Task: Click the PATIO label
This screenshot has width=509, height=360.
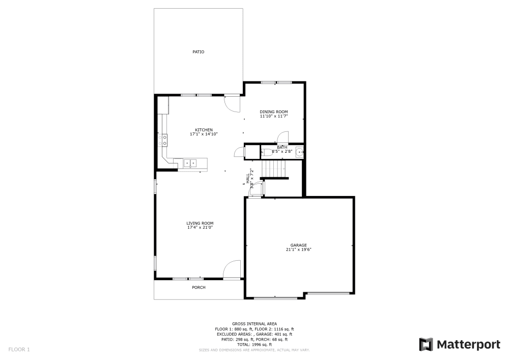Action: pyautogui.click(x=199, y=52)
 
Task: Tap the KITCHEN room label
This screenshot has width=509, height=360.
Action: pyautogui.click(x=204, y=130)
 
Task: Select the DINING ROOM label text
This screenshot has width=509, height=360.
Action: pyautogui.click(x=274, y=112)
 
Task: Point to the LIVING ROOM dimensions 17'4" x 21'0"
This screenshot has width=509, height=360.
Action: pyautogui.click(x=200, y=228)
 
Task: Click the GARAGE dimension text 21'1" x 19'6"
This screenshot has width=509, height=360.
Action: pyautogui.click(x=298, y=250)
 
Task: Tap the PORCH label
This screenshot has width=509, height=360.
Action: pyautogui.click(x=199, y=288)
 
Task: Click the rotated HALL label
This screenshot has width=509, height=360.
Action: pyautogui.click(x=247, y=178)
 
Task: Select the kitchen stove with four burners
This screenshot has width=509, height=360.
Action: pyautogui.click(x=164, y=140)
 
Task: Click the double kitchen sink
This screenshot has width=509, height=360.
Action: pyautogui.click(x=190, y=163)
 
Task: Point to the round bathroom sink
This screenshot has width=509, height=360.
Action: pyautogui.click(x=299, y=151)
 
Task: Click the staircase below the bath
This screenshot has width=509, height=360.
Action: pyautogui.click(x=274, y=168)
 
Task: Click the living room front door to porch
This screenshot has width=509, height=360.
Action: pyautogui.click(x=232, y=269)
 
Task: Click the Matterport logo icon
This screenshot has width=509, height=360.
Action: pyautogui.click(x=426, y=345)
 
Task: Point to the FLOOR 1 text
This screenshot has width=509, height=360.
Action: pyautogui.click(x=19, y=349)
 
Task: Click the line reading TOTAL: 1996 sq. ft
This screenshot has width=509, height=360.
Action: pyautogui.click(x=254, y=345)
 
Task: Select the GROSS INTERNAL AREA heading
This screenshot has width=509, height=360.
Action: pyautogui.click(x=254, y=324)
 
